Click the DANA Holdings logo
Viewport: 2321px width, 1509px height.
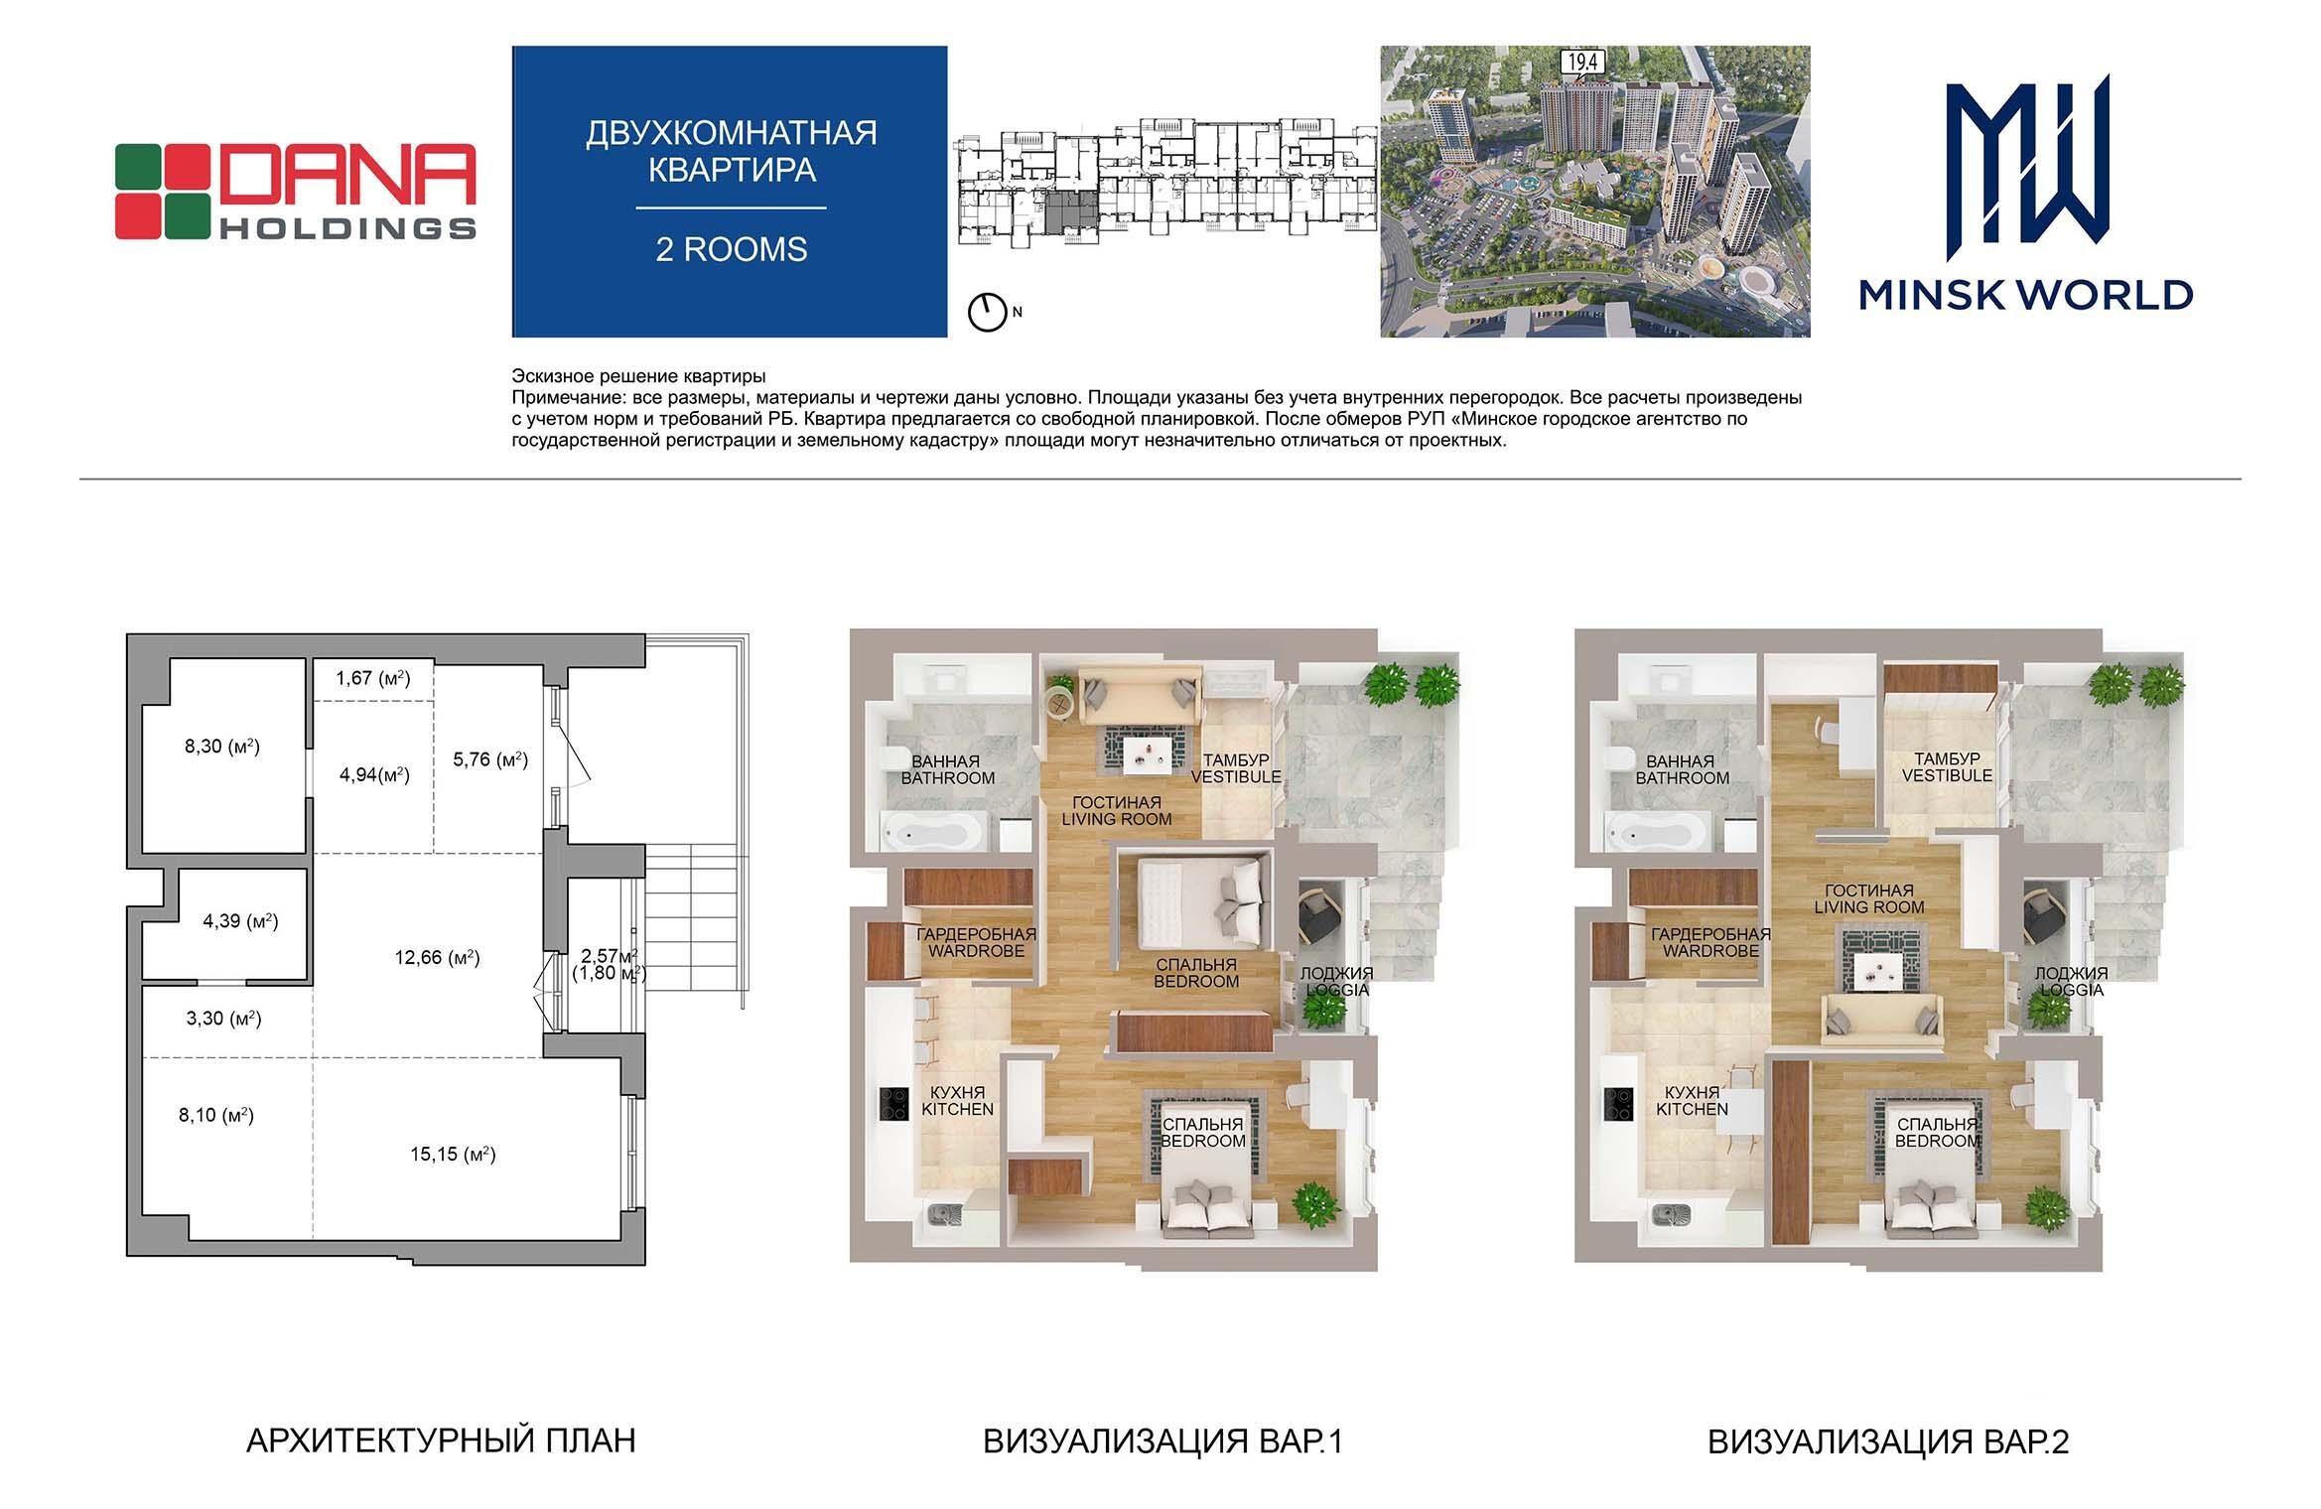pos(295,192)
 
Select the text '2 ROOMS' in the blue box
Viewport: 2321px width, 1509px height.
pos(732,249)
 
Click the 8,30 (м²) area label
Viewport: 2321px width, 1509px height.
pos(222,746)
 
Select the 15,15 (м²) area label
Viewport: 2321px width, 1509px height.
pos(453,1154)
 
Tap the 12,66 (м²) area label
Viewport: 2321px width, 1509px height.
pos(437,958)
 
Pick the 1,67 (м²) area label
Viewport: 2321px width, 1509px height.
pos(372,679)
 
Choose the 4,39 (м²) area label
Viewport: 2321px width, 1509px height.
pos(240,921)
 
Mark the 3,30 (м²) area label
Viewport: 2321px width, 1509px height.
pos(223,1018)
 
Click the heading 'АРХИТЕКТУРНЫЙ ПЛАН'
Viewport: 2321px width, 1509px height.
pos(441,1440)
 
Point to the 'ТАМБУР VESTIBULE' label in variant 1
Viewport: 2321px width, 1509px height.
pos(1236,768)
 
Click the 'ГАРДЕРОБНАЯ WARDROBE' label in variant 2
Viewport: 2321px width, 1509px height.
pos(1710,942)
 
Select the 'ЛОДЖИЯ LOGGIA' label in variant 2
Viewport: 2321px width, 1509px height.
pos(2071,982)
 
